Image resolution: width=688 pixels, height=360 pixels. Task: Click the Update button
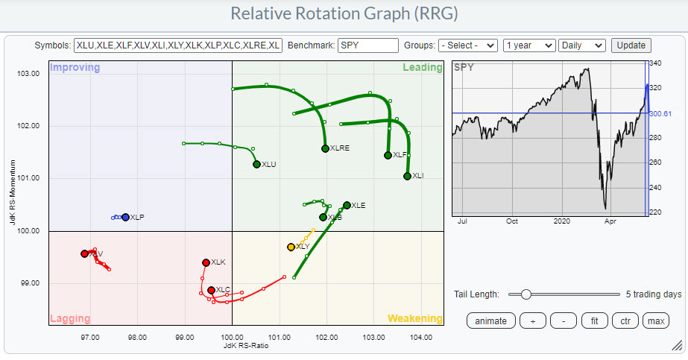click(x=631, y=45)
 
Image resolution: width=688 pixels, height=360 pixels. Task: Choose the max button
click(x=655, y=321)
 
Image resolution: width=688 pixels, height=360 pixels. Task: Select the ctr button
click(x=625, y=321)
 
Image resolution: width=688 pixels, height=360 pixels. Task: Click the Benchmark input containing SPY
click(x=367, y=45)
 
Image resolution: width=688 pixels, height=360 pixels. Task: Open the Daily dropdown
click(x=581, y=45)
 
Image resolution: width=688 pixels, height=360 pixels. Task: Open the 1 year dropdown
click(x=528, y=45)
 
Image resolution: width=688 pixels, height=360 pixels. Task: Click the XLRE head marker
click(x=326, y=148)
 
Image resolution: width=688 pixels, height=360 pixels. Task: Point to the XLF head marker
click(x=388, y=155)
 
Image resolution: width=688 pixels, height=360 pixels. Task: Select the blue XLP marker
click(x=125, y=217)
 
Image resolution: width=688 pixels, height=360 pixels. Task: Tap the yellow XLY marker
click(x=291, y=247)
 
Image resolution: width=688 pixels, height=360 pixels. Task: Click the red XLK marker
click(x=206, y=262)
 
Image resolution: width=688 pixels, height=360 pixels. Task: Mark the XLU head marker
click(x=256, y=164)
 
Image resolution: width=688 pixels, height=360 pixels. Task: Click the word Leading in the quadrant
click(x=423, y=68)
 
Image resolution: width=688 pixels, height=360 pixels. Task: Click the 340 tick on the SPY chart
click(x=657, y=65)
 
